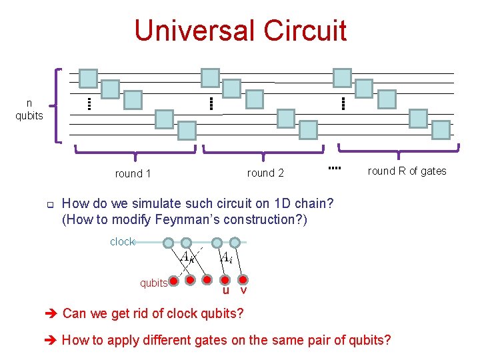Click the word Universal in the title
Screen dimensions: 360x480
194,31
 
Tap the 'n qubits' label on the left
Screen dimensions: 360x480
29,109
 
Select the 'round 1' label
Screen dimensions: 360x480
133,173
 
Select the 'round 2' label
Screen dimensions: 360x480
265,173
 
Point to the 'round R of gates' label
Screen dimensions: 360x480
407,171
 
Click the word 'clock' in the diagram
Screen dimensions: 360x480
122,242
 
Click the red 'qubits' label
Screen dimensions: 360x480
153,283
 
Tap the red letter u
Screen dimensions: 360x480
226,291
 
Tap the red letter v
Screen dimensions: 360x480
243,291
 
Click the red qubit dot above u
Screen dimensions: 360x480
226,279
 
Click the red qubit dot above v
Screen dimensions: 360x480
243,279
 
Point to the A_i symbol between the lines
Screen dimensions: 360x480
227,257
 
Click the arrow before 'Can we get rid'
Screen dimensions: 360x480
52,313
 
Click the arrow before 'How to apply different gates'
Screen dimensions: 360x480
52,341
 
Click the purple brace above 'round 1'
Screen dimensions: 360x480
135,153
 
